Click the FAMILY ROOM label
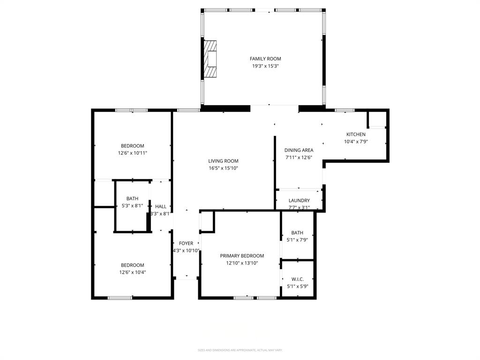(265, 59)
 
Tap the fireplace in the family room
(210, 59)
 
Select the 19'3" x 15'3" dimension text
(265, 66)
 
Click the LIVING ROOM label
(224, 161)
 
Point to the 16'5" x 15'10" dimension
(224, 168)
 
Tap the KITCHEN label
(356, 135)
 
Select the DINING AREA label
(299, 150)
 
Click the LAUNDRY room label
(299, 201)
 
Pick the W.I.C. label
(297, 279)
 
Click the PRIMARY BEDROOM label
(242, 256)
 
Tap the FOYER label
(186, 243)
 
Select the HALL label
(161, 206)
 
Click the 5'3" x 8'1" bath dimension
(132, 206)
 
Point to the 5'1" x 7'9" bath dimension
(297, 240)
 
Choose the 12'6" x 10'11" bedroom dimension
(133, 153)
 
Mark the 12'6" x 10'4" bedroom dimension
(133, 272)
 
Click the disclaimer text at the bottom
(240, 350)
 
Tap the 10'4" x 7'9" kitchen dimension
(356, 142)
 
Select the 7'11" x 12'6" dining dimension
(299, 158)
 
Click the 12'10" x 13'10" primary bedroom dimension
(242, 263)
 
